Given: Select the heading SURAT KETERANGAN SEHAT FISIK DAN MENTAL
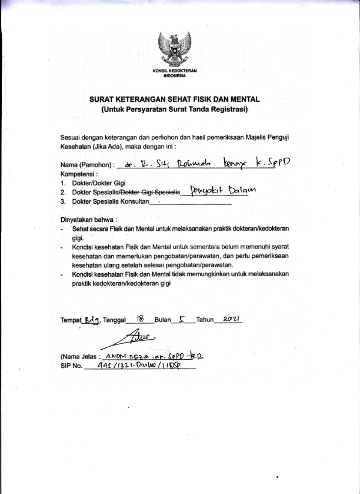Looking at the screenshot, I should (174, 100).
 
